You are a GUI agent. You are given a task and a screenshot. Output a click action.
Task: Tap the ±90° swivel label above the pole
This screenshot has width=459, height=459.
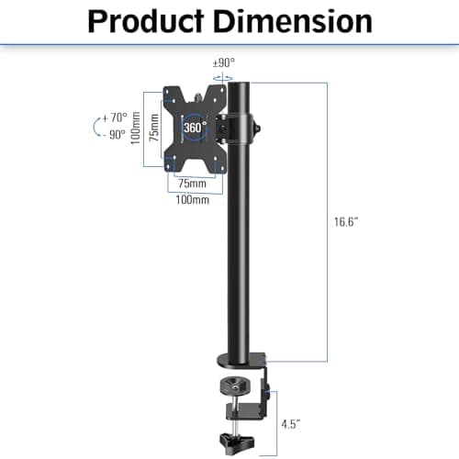coord(223,62)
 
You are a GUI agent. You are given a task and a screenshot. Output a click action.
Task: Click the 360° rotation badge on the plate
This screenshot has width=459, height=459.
coord(194,128)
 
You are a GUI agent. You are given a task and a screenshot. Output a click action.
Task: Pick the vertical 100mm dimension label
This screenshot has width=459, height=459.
coord(135,129)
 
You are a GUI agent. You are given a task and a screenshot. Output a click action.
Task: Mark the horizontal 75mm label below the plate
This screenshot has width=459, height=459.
coord(192,183)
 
